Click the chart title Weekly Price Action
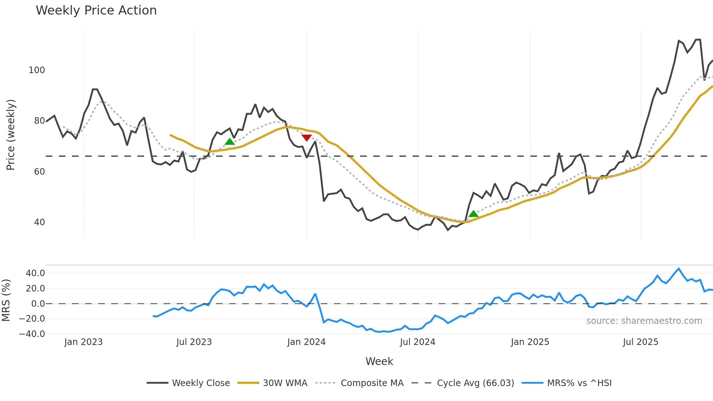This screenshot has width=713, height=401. tap(96, 11)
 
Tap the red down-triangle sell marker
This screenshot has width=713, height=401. tap(307, 138)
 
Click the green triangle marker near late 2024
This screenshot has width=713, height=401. tap(473, 214)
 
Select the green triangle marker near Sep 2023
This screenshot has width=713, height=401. tap(230, 142)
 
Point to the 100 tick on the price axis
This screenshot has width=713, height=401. tap(37, 70)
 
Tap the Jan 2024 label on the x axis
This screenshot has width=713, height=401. tap(306, 342)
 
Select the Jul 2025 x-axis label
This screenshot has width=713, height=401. tap(641, 342)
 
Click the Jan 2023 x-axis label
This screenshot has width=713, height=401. tap(84, 342)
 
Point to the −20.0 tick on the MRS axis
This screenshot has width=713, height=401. tap(32, 319)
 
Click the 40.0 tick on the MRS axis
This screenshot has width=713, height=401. tap(35, 273)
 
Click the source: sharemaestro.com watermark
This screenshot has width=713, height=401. tap(644, 321)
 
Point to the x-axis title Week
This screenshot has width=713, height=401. tap(379, 361)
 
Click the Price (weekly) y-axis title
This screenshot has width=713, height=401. tap(11, 135)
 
